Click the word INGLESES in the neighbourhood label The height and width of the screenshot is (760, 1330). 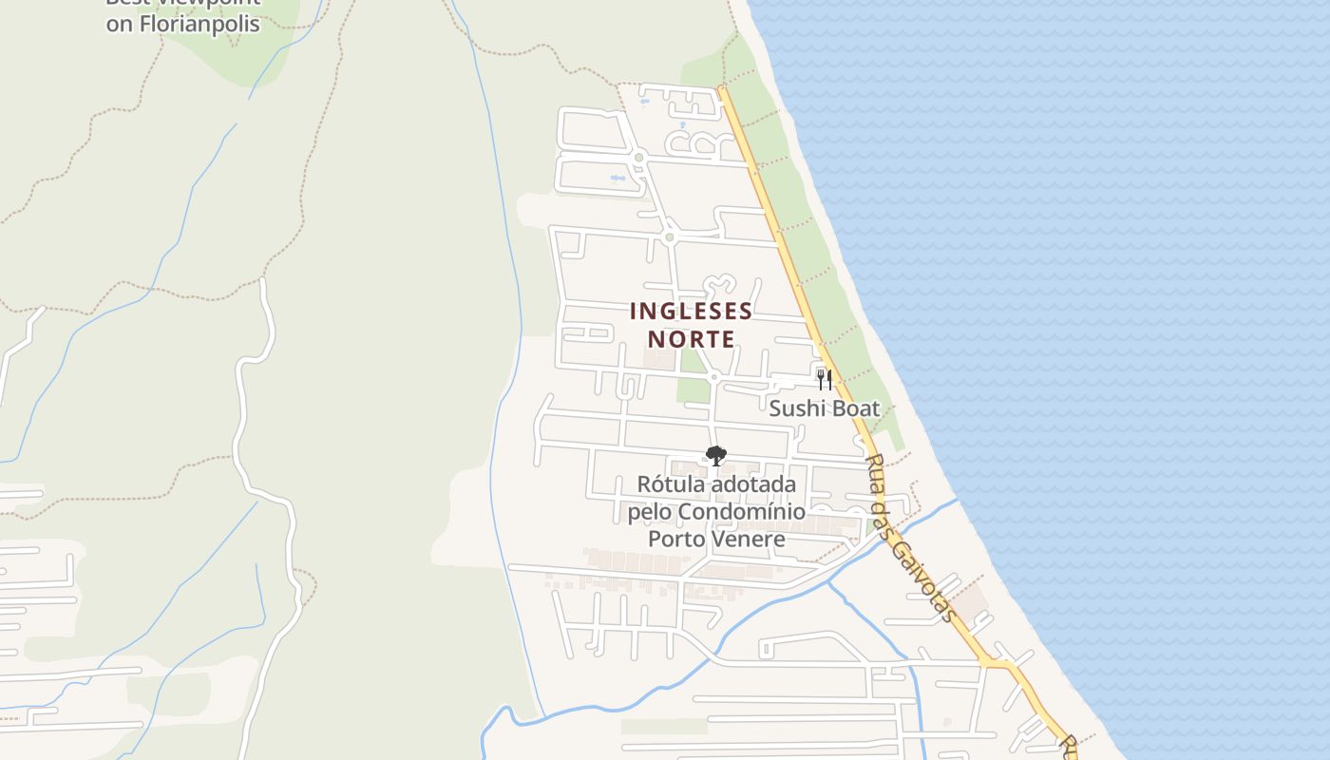[x=691, y=312]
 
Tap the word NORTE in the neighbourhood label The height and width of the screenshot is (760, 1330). [x=691, y=339]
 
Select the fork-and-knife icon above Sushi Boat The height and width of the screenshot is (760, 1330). [x=824, y=380]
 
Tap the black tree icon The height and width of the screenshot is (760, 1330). [x=716, y=455]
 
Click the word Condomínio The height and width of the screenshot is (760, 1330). [x=737, y=512]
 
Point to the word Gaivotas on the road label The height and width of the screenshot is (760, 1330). [x=921, y=579]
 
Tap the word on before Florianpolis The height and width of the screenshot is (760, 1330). [x=119, y=25]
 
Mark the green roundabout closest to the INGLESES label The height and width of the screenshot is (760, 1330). [x=670, y=237]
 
